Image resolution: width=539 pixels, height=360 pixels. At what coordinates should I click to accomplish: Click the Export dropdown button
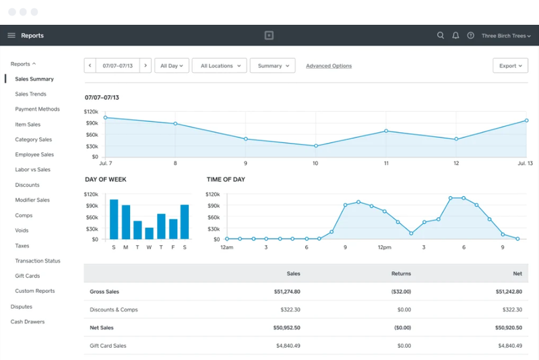coord(510,65)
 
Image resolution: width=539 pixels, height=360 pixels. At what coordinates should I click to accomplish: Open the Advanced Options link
coord(329,65)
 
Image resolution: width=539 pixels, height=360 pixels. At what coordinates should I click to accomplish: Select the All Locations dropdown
coord(220,65)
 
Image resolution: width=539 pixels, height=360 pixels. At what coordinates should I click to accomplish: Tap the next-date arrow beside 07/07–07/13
coord(146,65)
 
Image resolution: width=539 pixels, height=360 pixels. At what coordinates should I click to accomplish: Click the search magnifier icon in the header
coord(441,36)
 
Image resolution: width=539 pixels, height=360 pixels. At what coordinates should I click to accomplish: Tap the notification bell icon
coord(455,36)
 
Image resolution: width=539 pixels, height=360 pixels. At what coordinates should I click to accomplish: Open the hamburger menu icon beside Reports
coord(11,36)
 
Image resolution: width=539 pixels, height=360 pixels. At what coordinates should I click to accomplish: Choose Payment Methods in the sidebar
coord(38,109)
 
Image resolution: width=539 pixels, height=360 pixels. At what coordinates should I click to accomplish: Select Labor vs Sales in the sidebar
coord(32,169)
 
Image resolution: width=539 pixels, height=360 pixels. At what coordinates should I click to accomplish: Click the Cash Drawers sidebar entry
coord(28,322)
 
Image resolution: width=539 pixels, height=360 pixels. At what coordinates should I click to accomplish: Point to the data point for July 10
coord(316,146)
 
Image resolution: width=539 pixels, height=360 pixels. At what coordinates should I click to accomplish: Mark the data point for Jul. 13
coord(526,121)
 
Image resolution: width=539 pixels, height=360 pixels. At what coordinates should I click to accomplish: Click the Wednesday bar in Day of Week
coord(149,233)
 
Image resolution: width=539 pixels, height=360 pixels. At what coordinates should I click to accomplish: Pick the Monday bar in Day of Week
coord(126,222)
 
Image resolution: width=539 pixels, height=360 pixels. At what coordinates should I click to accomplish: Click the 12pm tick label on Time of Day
coord(384,247)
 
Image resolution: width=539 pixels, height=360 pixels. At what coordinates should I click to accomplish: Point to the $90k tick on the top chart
coord(92,123)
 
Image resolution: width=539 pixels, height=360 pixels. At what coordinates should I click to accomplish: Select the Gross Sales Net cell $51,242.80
coord(509,292)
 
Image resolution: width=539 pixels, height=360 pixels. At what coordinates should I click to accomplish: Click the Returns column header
coord(401,274)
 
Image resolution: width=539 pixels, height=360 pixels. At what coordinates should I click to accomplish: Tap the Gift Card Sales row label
coord(108,346)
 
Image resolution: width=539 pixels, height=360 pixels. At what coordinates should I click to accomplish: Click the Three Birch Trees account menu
coord(506,36)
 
